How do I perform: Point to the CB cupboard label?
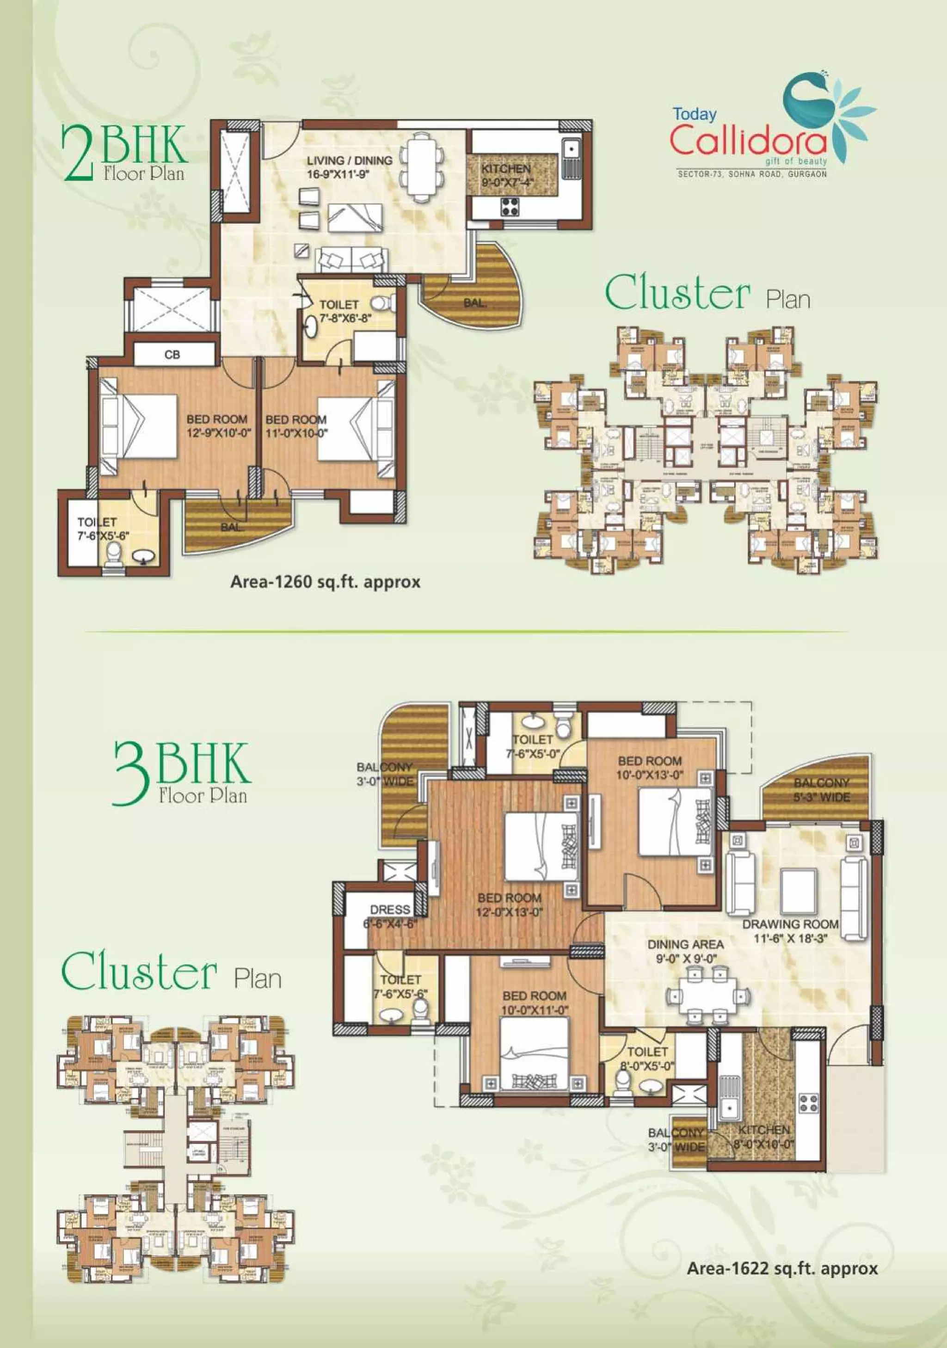(172, 355)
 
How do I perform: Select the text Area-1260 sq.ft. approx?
(325, 582)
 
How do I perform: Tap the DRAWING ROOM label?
(790, 924)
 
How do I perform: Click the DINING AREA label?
(685, 945)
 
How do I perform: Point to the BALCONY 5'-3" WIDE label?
(821, 790)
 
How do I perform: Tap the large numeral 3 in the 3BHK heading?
(130, 773)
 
